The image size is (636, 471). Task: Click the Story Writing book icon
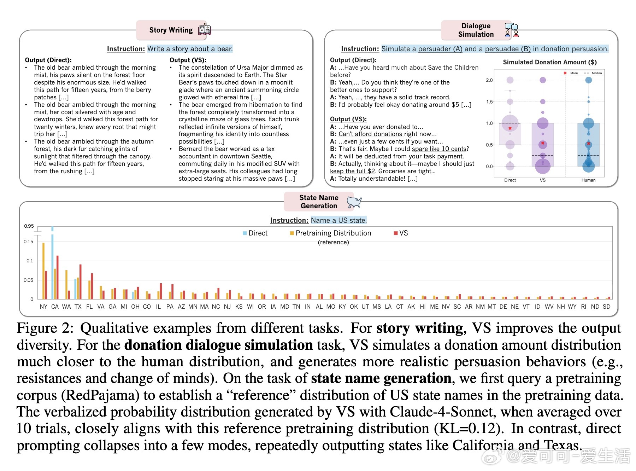pyautogui.click(x=205, y=30)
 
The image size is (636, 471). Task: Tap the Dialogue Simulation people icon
pyautogui.click(x=511, y=30)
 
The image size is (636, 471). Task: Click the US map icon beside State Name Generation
pyautogui.click(x=354, y=202)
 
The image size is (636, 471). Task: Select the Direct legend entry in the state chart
pyautogui.click(x=255, y=233)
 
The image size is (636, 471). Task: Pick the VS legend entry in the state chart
pyautogui.click(x=401, y=233)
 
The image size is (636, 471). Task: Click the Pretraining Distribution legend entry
pyautogui.click(x=330, y=233)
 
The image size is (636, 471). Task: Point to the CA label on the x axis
pyautogui.click(x=55, y=307)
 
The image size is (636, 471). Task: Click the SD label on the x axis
pyautogui.click(x=606, y=307)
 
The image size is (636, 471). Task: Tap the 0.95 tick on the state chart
pyautogui.click(x=29, y=226)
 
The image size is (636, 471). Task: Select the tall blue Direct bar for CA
pyautogui.click(x=53, y=265)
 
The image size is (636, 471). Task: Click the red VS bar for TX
pyautogui.click(x=81, y=281)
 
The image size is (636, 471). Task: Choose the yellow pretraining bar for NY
pyautogui.click(x=43, y=271)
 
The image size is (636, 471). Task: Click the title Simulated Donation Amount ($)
pyautogui.click(x=549, y=62)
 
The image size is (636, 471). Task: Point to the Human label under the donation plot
pyautogui.click(x=588, y=180)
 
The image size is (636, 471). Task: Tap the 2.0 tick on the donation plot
pyautogui.click(x=489, y=80)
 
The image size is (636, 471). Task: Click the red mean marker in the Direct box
pyautogui.click(x=510, y=128)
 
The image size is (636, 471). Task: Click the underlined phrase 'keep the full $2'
pyautogui.click(x=352, y=171)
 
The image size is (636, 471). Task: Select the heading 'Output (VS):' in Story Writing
pyautogui.click(x=188, y=60)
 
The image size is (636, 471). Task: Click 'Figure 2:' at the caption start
pyautogui.click(x=45, y=328)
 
